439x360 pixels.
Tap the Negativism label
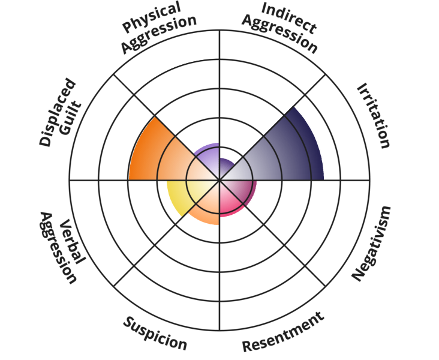click(x=371, y=243)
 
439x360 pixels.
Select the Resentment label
click(x=283, y=332)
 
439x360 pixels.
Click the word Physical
click(x=152, y=17)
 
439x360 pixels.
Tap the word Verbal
click(x=73, y=241)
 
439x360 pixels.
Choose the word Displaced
click(x=57, y=113)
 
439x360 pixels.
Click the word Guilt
click(x=71, y=119)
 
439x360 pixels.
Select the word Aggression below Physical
click(x=158, y=34)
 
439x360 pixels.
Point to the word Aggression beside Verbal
click(x=57, y=248)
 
